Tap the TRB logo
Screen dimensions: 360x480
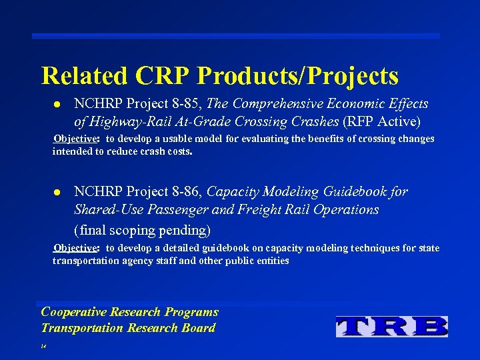(391, 325)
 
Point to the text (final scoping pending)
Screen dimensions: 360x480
(142, 231)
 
